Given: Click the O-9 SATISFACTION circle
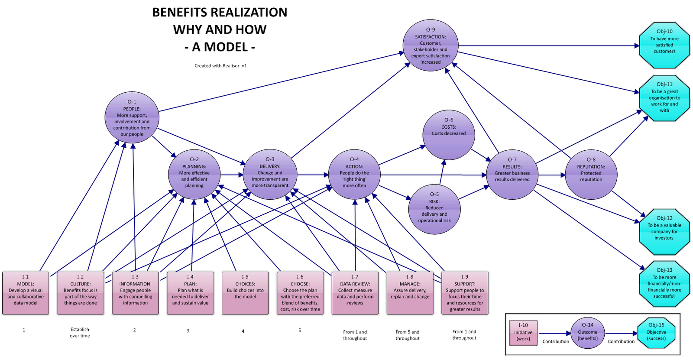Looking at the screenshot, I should [430, 45].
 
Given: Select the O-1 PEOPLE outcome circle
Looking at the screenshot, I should [132, 117].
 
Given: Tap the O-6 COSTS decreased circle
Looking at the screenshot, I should [449, 135].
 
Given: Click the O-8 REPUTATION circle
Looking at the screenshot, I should [591, 175].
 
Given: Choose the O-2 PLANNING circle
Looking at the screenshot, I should [194, 175].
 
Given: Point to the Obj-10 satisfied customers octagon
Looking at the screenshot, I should [664, 45].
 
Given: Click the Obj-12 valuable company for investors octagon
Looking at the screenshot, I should [664, 232].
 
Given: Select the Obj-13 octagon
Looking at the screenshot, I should [664, 284].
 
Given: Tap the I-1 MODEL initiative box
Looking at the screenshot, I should [26, 293].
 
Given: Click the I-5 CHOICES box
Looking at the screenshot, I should [245, 293].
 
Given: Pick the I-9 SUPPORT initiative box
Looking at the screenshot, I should [465, 293].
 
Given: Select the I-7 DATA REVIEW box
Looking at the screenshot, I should [355, 293].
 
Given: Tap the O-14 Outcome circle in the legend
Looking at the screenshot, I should [587, 333].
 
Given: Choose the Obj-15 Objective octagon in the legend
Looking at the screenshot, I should [656, 332].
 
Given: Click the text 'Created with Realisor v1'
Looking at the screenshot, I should [220, 66].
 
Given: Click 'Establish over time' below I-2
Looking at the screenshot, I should [80, 333].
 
